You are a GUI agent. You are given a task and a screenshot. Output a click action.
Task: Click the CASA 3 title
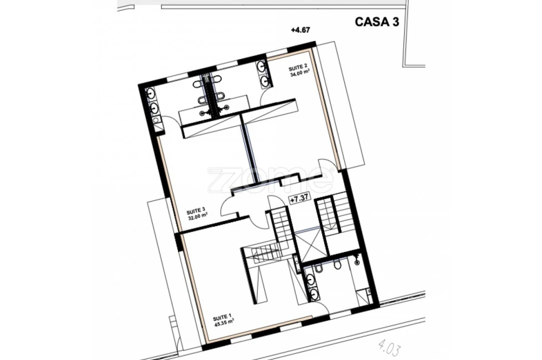377,22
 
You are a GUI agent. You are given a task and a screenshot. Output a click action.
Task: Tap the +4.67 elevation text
300,29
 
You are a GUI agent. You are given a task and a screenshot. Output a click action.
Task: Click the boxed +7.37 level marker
300,200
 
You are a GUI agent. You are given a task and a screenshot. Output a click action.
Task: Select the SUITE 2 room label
298,66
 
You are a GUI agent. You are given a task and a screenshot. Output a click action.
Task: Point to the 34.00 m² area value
299,72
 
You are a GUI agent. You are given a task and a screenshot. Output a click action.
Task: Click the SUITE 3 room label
196,210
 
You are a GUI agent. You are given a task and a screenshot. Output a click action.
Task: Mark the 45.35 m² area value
224,323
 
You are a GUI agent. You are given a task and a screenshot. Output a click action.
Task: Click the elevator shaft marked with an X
312,245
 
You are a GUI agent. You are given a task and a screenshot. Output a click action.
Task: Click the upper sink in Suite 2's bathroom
262,65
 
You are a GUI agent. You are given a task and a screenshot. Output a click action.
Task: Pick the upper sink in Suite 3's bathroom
151,93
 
